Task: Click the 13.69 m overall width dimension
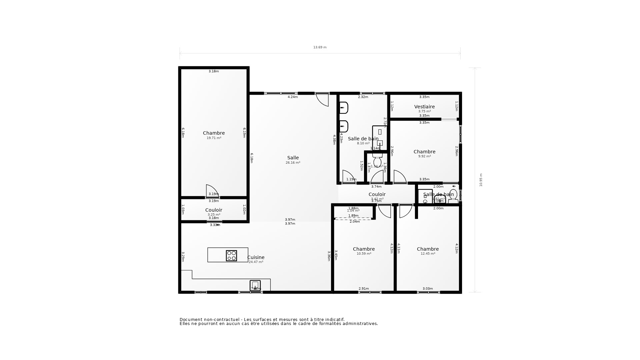coord(320,47)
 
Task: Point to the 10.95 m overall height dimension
coord(481,180)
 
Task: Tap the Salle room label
coord(293,158)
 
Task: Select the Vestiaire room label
coord(424,107)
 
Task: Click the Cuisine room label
coord(256,257)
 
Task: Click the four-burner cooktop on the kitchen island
coord(231,256)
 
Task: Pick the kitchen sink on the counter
coord(255,285)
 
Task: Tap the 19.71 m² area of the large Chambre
coord(214,138)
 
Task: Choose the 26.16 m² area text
coord(293,163)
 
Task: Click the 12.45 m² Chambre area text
coord(428,254)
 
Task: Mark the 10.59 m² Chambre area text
coord(364,254)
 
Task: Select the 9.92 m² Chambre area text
coord(424,156)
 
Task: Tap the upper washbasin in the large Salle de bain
coord(344,108)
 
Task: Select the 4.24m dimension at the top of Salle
coord(293,97)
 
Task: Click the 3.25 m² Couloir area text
coord(214,215)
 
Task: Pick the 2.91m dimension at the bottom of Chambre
coord(364,289)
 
